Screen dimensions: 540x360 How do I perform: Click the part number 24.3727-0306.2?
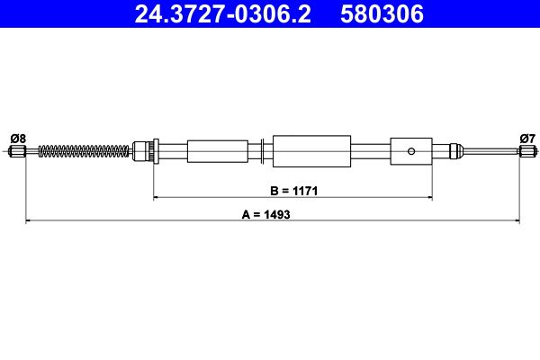222,14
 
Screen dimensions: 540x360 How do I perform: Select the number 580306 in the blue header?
382,14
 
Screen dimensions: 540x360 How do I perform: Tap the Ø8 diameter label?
18,139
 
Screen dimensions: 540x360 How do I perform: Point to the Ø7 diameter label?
527,139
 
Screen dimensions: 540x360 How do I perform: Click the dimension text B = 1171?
293,191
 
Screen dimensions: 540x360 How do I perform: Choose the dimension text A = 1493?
265,214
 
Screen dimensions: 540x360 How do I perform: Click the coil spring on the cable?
84,151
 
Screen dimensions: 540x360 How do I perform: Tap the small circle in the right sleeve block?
411,151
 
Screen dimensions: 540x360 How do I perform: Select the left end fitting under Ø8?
17,151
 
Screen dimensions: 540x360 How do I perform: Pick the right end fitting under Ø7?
527,151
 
